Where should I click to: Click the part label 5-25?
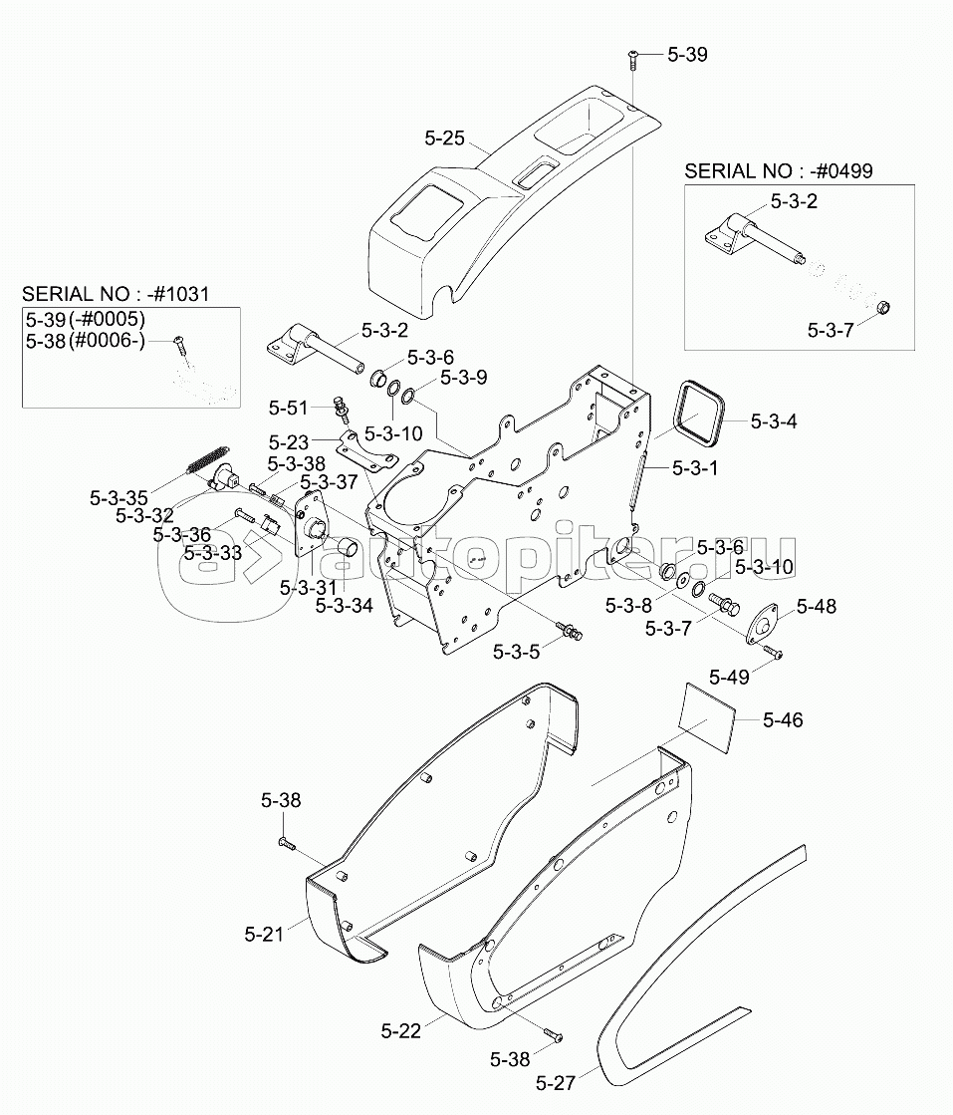coord(444,139)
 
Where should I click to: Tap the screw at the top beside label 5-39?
coord(632,60)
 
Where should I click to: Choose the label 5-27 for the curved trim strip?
coord(556,1083)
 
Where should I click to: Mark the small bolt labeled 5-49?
coord(774,653)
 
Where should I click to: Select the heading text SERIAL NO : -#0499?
coord(764,170)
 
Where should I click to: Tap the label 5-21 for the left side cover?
coord(264,934)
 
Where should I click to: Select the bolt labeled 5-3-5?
coord(571,632)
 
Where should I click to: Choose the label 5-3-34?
coord(344,604)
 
